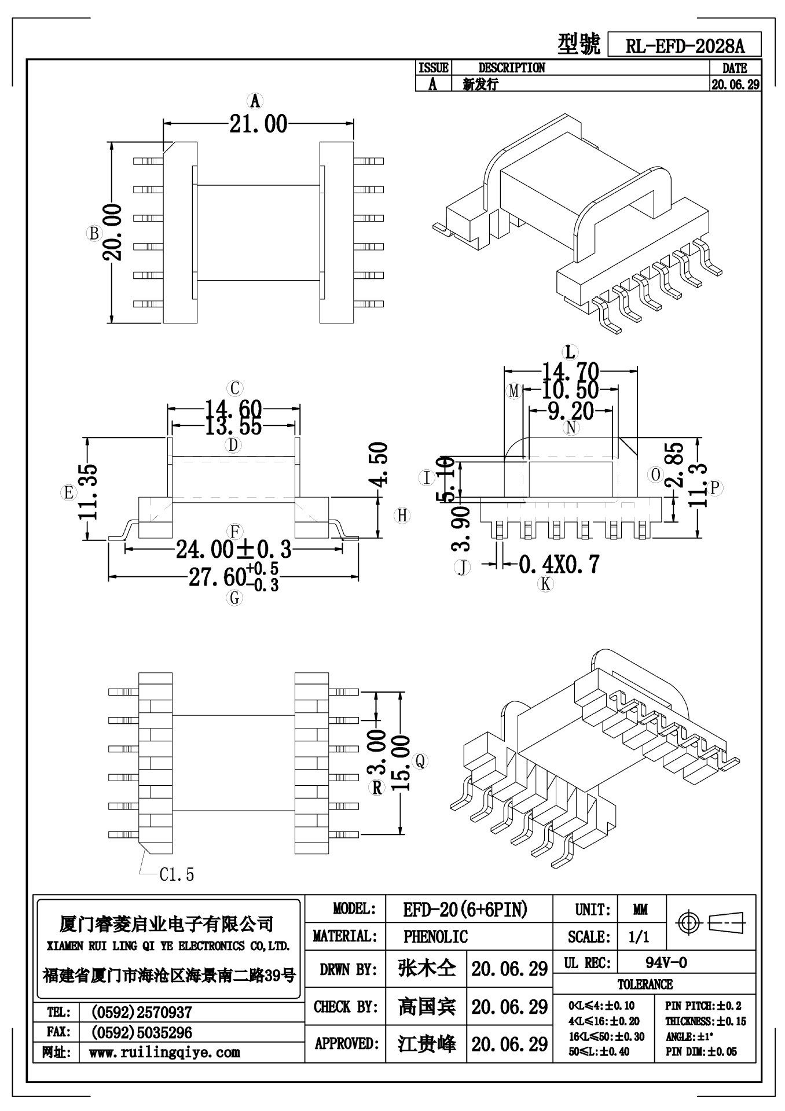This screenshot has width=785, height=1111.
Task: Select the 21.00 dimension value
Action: tap(258, 123)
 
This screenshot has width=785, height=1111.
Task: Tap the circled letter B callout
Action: tap(93, 234)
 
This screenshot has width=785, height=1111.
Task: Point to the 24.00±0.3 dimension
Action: tap(233, 549)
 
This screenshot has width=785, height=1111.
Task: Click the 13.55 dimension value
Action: tap(233, 427)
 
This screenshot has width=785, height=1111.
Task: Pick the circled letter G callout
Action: tap(234, 598)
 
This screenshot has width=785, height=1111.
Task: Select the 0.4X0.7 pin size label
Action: tap(559, 564)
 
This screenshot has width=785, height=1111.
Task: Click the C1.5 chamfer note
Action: tap(177, 874)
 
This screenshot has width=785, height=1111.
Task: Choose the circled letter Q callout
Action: tap(421, 761)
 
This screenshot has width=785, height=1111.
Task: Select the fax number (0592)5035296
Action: tap(141, 1033)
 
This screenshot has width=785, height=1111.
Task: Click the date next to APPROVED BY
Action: tap(509, 1043)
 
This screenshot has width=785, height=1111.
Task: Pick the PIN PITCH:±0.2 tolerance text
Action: tap(703, 1006)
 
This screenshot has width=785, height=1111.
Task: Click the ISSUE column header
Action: tap(433, 68)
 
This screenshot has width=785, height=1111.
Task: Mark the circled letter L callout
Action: tap(570, 352)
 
